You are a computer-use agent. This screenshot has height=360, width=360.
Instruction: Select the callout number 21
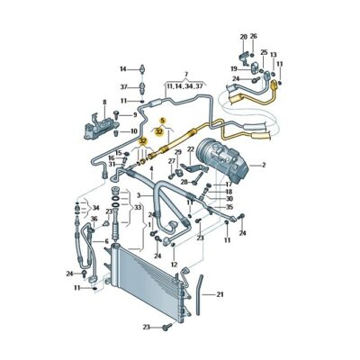[220, 294]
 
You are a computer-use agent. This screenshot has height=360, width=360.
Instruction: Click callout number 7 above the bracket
[186, 74]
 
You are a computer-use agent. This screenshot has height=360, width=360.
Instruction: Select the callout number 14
[123, 68]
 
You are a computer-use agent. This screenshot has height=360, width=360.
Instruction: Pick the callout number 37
[123, 86]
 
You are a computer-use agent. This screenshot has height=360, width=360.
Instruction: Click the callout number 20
[243, 37]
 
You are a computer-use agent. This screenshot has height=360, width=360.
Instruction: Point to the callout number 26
[253, 37]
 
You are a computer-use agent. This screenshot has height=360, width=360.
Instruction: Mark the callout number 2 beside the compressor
[264, 165]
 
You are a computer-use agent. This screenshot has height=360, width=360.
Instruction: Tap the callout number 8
[103, 103]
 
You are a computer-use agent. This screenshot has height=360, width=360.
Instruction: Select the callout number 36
[94, 219]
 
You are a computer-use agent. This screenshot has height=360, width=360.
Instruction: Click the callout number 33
[138, 208]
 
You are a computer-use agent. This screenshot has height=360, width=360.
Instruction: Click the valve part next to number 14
[143, 68]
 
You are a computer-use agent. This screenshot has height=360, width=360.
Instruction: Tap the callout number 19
[232, 68]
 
